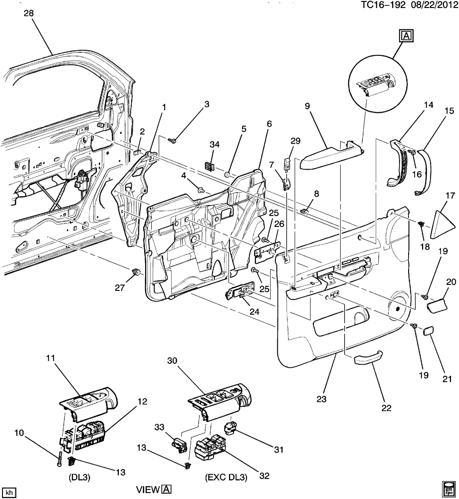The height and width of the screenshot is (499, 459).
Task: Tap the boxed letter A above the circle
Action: (x=406, y=36)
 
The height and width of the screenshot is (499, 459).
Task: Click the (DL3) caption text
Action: (x=79, y=478)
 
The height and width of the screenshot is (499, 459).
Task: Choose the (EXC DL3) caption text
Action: (x=226, y=478)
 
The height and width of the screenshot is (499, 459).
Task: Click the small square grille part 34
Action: (x=209, y=166)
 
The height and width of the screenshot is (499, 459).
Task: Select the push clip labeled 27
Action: (x=137, y=272)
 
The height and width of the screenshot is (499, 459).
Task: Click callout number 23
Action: (x=321, y=398)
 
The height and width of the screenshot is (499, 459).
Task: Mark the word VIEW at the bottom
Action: (x=148, y=490)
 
